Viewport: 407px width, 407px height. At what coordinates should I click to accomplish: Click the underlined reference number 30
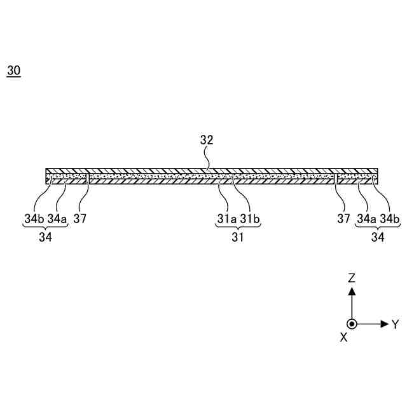[x=14, y=71]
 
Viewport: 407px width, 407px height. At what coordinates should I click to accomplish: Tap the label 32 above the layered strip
[x=207, y=141]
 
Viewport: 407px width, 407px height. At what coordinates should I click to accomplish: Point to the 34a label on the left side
[x=57, y=219]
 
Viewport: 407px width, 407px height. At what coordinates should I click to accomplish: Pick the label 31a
[x=227, y=219]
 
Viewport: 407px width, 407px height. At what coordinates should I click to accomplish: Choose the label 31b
[x=250, y=219]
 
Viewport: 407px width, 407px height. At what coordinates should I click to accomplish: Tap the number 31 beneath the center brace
[x=238, y=238]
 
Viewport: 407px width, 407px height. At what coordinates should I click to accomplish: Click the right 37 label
[x=343, y=219]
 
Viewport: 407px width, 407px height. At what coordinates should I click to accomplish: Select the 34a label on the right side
[x=366, y=219]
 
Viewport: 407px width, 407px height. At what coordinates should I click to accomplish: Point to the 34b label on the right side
[x=389, y=219]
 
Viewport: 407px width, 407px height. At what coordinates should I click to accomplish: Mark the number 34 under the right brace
[x=378, y=238]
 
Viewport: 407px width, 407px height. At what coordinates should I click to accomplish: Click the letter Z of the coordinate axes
[x=352, y=278]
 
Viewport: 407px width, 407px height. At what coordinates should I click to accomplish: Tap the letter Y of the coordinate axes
[x=395, y=324]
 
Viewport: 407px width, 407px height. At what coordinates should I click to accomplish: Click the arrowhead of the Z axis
[x=352, y=291]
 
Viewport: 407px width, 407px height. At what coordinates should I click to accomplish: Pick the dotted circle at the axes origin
[x=352, y=324]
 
